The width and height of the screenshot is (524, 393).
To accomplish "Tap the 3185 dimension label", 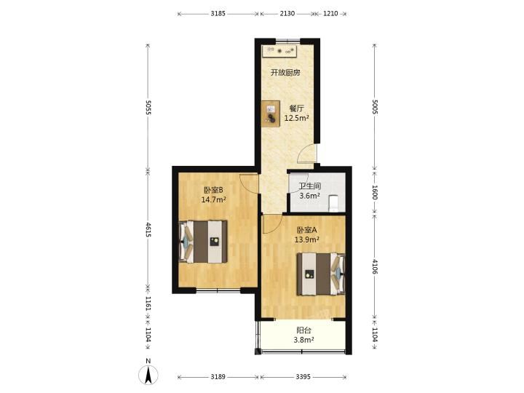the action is [218, 14].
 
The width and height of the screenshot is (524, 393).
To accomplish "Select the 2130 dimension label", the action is [287, 14].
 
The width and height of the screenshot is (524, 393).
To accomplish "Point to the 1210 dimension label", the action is [330, 14].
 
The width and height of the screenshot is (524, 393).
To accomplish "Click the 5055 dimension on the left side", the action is [148, 107].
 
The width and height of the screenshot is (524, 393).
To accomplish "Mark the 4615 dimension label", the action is [148, 230].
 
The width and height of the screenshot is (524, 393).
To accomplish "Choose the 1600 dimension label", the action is [375, 192].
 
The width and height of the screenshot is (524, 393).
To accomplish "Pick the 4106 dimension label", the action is [375, 266].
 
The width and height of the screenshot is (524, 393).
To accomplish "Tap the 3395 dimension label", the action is [303, 377].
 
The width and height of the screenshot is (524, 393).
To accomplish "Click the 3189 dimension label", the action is [218, 377].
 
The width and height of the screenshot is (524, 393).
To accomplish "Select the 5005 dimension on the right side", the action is [375, 107].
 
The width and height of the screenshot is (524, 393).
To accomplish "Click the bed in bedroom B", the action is [203, 242].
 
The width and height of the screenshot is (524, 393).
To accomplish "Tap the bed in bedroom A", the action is [321, 274].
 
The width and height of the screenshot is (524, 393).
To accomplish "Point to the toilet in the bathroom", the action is [334, 203].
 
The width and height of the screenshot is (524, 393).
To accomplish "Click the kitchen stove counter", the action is [279, 51].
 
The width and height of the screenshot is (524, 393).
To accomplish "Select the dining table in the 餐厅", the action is [271, 114].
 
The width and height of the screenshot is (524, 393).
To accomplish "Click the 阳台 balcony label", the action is [303, 330].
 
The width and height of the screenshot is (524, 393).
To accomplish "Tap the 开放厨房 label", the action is [285, 73].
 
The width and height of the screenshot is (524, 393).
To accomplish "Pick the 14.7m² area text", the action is [213, 200].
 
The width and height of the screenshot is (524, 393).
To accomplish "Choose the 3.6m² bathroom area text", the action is [310, 196].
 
